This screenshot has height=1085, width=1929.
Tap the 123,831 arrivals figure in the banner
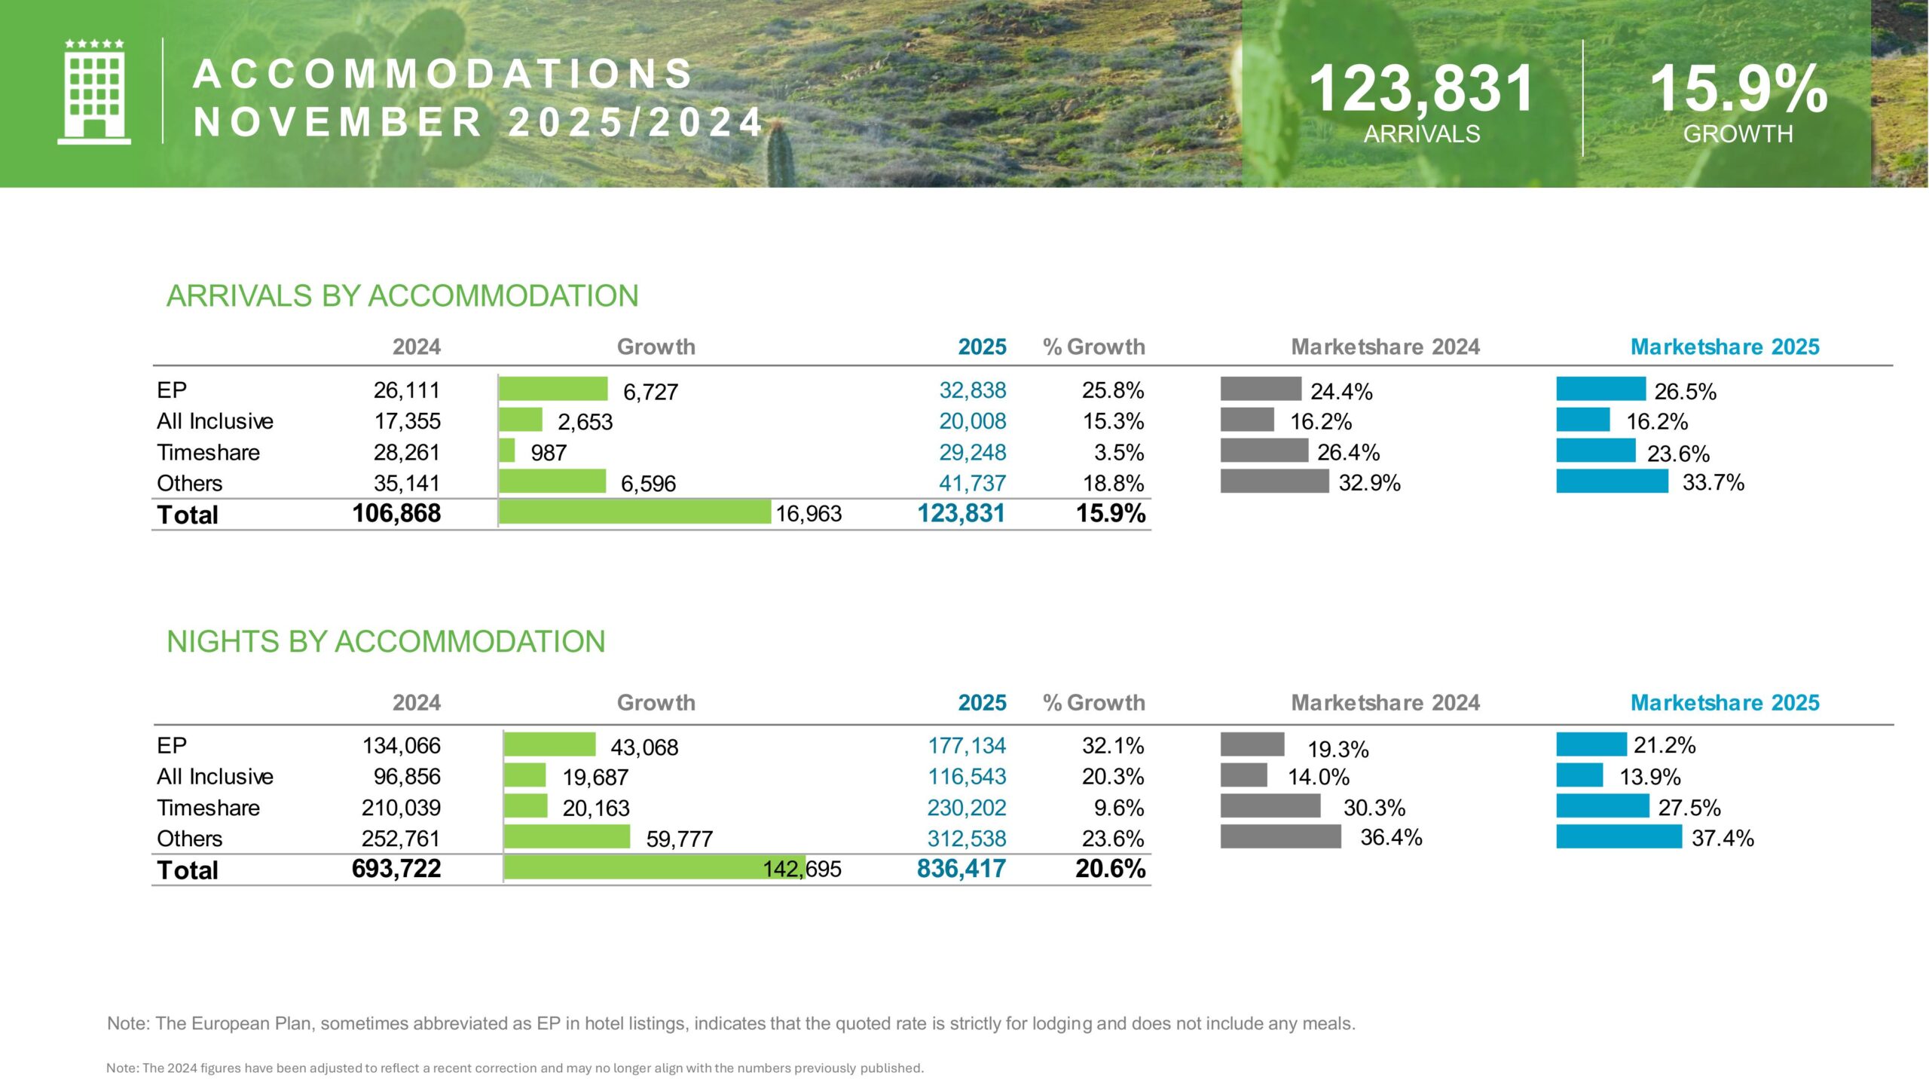pyautogui.click(x=1421, y=89)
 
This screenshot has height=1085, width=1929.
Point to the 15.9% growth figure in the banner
pyautogui.click(x=1738, y=89)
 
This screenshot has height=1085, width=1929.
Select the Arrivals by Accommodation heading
pyautogui.click(x=402, y=296)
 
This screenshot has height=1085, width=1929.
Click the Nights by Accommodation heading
pyautogui.click(x=386, y=642)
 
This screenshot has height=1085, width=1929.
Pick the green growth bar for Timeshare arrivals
pyautogui.click(x=507, y=451)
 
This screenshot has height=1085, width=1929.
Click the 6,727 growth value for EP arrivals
pyautogui.click(x=650, y=392)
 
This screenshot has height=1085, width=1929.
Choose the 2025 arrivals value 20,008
pyautogui.click(x=972, y=421)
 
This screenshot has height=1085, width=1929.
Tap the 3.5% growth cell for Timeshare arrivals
pyautogui.click(x=1119, y=452)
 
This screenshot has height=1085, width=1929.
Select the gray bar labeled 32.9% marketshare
pyautogui.click(x=1274, y=481)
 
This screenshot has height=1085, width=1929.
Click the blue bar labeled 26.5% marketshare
pyautogui.click(x=1600, y=389)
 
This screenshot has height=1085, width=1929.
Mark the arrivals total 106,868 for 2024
pyautogui.click(x=396, y=513)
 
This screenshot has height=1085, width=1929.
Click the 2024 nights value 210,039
pyautogui.click(x=401, y=808)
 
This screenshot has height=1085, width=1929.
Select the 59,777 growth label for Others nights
pyautogui.click(x=679, y=839)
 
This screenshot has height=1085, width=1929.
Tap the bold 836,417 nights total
pyautogui.click(x=961, y=869)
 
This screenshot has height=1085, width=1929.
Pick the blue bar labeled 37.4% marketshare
pyautogui.click(x=1619, y=836)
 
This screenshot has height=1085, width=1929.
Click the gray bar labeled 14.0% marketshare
pyautogui.click(x=1243, y=775)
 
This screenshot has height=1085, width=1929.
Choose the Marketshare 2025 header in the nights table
pyautogui.click(x=1724, y=703)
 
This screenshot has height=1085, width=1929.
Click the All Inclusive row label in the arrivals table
pyautogui.click(x=215, y=421)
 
